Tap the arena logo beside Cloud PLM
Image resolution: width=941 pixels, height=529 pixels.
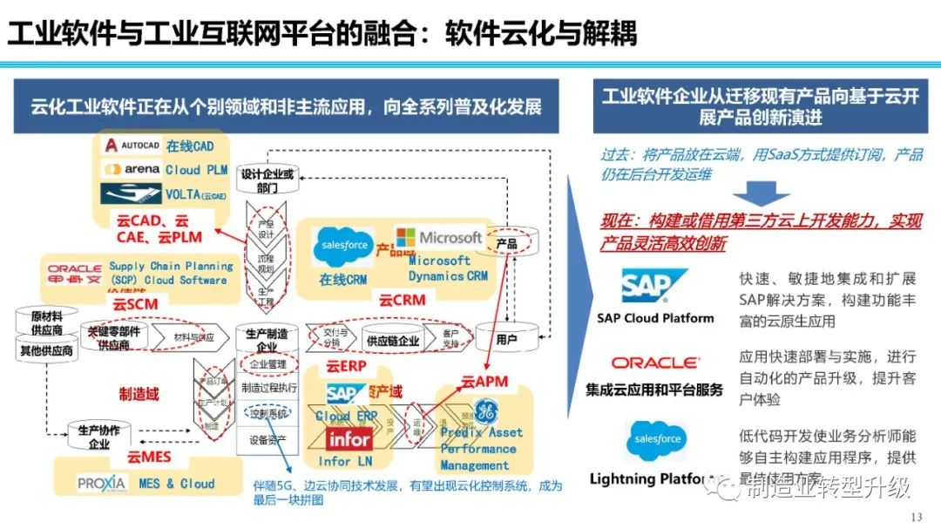132,168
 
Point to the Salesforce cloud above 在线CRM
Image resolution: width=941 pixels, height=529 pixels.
342,247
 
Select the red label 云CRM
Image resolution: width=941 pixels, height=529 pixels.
402,301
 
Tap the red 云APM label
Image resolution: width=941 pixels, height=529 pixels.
484,380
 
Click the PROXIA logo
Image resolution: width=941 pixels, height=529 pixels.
102,483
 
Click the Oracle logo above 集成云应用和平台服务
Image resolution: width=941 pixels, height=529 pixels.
654,363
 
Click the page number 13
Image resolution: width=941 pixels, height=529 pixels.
915,518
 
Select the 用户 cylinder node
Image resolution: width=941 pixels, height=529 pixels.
505,338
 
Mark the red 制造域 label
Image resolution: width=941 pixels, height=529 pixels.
139,395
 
